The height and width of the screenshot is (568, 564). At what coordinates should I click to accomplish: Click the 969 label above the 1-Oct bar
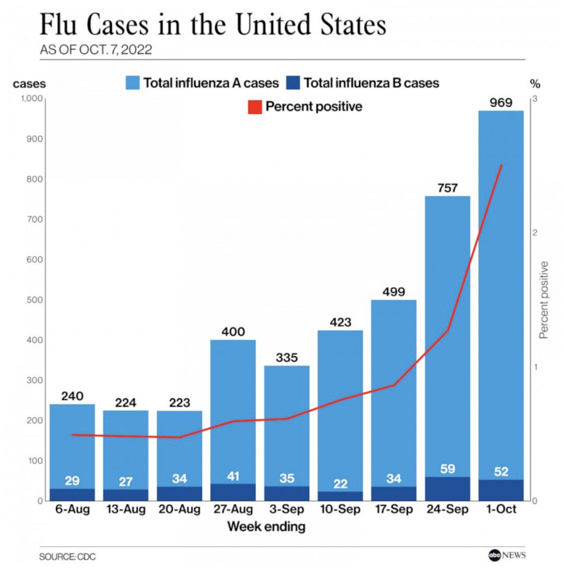501,102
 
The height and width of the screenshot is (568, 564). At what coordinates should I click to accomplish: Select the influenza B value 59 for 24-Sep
447,469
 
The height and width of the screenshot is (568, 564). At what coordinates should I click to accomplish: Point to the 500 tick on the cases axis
31,300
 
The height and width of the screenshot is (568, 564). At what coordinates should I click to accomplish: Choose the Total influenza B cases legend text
371,83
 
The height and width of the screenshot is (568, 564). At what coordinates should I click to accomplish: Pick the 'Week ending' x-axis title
266,527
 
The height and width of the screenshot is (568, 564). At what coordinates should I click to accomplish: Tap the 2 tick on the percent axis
534,233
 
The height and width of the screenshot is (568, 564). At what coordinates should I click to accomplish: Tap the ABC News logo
507,555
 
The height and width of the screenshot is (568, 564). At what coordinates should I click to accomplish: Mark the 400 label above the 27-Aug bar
233,332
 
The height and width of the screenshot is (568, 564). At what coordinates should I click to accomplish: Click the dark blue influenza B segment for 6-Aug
72,494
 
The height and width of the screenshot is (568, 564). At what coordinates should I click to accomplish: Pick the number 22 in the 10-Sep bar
340,484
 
